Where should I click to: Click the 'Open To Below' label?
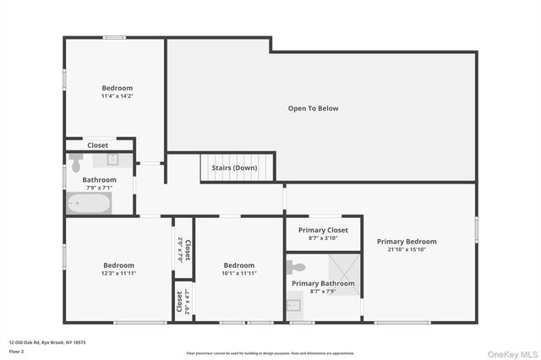[x=313, y=108]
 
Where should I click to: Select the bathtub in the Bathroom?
[x=88, y=204]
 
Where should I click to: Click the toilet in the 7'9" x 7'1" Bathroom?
[x=76, y=161]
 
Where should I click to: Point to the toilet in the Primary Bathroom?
[x=296, y=267]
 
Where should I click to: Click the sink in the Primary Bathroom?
[x=293, y=306]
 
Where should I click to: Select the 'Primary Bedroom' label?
[x=407, y=242]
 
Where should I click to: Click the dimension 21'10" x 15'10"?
[x=407, y=249]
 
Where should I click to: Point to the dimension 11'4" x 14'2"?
[x=117, y=96]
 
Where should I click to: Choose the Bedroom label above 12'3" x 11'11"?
[x=119, y=265]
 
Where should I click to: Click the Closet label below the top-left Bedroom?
[x=97, y=145]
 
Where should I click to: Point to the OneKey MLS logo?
[x=512, y=353]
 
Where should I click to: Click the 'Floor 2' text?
[x=17, y=349]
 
